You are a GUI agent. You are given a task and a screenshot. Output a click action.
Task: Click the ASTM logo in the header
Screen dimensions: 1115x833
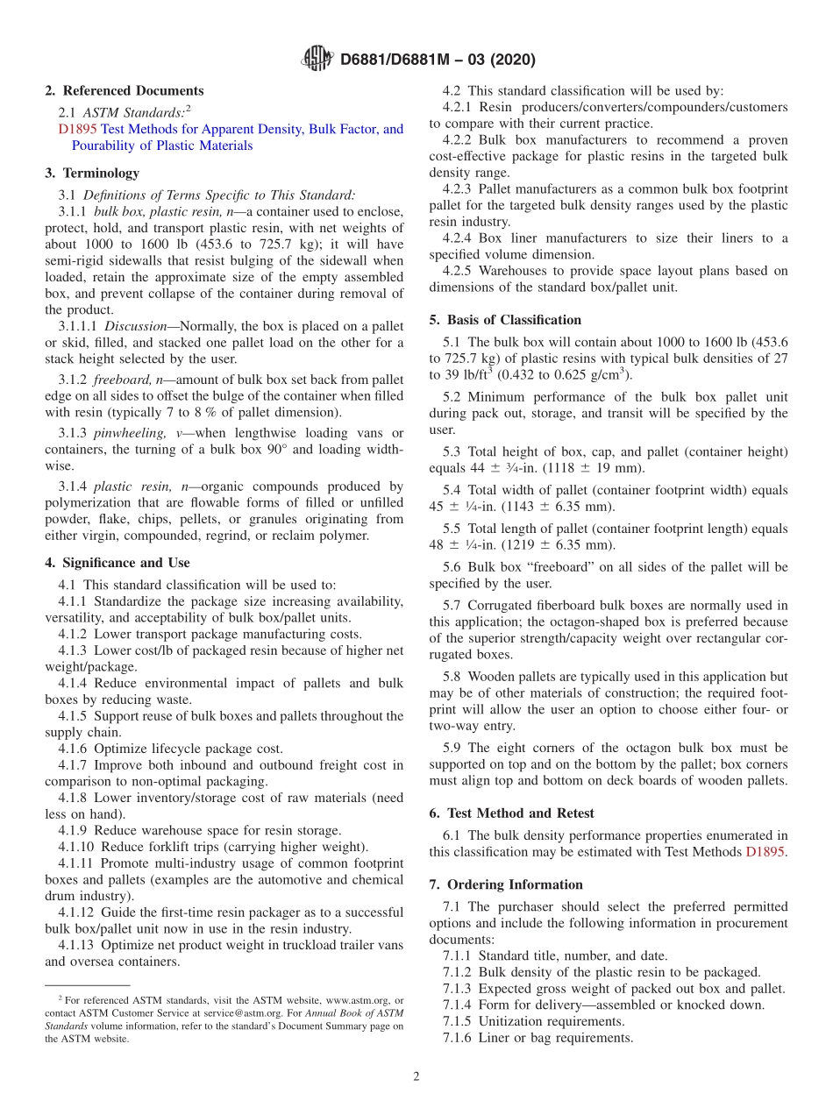click(x=317, y=60)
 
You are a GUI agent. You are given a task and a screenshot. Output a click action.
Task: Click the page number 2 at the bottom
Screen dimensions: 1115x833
click(x=416, y=1076)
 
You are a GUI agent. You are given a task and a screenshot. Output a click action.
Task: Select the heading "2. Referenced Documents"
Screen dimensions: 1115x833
click(x=125, y=90)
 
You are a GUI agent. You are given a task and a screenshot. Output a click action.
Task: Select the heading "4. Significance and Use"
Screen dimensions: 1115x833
click(x=117, y=563)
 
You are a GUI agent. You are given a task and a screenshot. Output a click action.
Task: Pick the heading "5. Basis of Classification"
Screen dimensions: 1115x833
click(x=505, y=320)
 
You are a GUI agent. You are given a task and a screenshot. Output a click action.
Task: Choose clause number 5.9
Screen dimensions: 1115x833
click(x=452, y=748)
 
